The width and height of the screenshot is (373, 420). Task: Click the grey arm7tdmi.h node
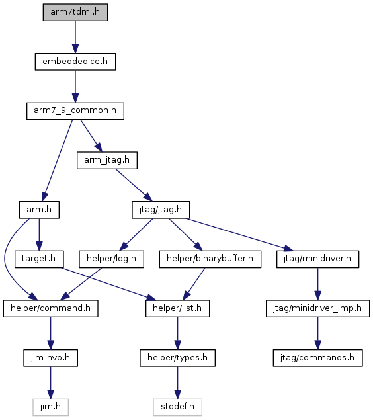[x=75, y=12]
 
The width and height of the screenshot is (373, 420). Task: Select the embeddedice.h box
[x=75, y=62]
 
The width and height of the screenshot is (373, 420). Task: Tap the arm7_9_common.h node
[x=75, y=110]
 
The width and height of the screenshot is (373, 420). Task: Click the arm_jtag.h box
[x=107, y=160]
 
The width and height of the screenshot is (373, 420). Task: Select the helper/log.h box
[x=111, y=259]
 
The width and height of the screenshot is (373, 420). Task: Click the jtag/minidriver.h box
[x=317, y=259]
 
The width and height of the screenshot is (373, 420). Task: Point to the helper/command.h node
[x=51, y=308]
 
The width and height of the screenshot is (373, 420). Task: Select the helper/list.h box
[x=177, y=308]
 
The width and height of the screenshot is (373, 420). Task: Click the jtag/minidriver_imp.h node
[x=317, y=308]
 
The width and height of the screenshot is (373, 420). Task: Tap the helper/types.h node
[x=177, y=358]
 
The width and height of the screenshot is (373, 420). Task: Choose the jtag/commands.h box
[x=317, y=358]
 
